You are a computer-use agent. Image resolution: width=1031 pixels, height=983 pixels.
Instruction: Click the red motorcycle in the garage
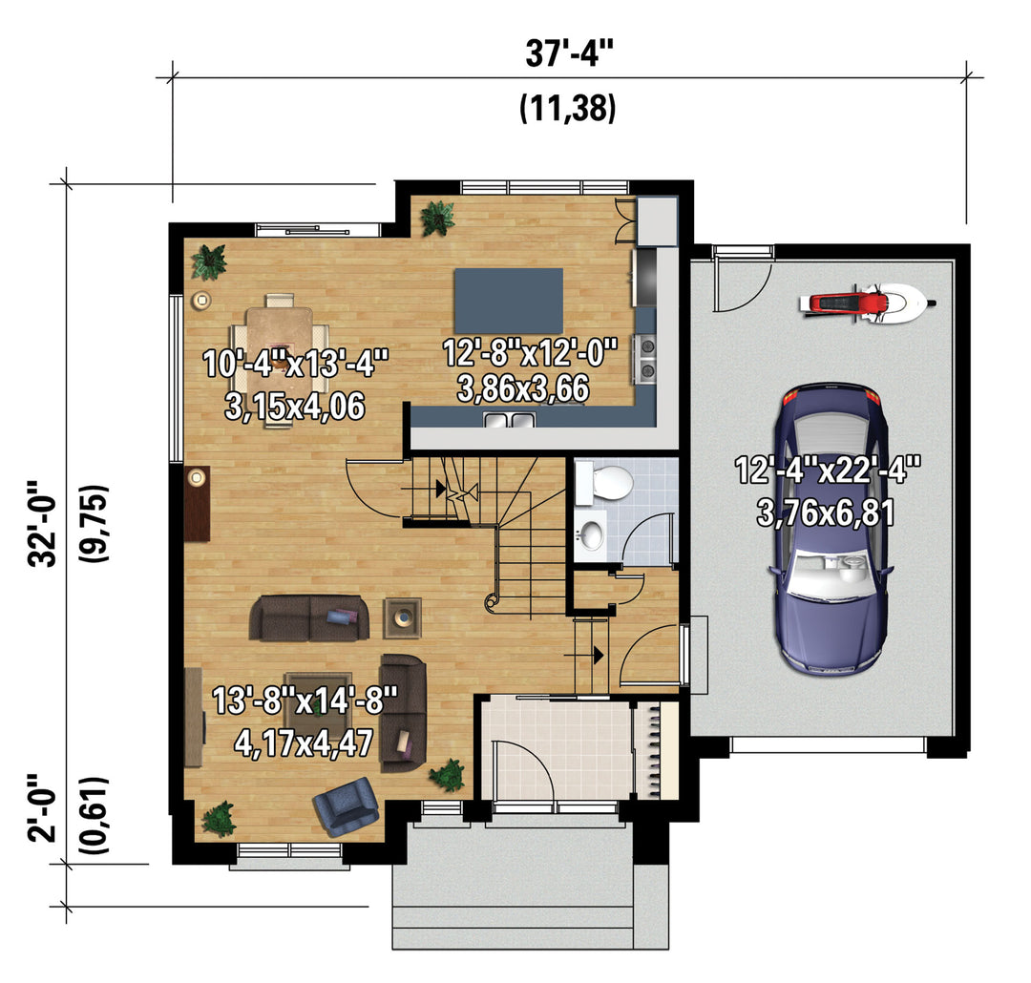pyautogui.click(x=868, y=303)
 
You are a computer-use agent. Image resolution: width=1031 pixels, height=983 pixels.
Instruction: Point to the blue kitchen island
pyautogui.click(x=509, y=301)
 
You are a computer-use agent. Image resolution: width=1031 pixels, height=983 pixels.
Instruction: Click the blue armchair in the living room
pyautogui.click(x=346, y=806)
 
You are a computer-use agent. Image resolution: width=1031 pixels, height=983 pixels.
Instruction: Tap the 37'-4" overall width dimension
pyautogui.click(x=569, y=52)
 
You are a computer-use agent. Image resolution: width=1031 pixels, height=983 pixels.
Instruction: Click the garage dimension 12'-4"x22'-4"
pyautogui.click(x=827, y=471)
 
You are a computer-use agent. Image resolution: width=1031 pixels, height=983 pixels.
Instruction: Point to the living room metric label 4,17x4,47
pyautogui.click(x=304, y=743)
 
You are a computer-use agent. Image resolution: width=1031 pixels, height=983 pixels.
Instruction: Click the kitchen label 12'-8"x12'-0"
pyautogui.click(x=530, y=352)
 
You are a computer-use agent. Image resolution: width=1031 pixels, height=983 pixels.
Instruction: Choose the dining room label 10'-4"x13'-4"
pyautogui.click(x=296, y=364)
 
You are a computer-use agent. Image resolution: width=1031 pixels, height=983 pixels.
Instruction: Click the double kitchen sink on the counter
pyautogui.click(x=510, y=419)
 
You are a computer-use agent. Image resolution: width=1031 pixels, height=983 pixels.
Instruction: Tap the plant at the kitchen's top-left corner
pyautogui.click(x=437, y=219)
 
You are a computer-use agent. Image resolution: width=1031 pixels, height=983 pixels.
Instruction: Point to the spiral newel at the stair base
pyautogui.click(x=491, y=601)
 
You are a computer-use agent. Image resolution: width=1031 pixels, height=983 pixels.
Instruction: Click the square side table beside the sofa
pyautogui.click(x=403, y=617)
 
